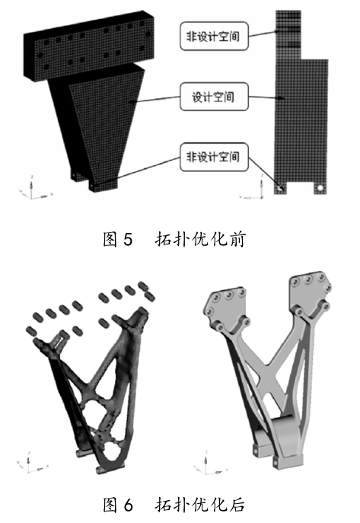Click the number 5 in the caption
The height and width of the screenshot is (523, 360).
128,240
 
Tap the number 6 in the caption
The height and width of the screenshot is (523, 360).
128,504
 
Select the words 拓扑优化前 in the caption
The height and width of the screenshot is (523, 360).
200,240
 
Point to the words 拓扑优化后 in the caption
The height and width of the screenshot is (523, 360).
200,504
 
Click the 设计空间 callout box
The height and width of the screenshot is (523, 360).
214,97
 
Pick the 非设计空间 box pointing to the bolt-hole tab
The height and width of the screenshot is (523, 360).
214,157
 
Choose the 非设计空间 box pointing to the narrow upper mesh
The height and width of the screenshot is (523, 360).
214,36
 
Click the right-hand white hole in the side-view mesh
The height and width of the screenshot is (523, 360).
320,188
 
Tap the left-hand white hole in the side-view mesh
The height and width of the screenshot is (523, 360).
279,188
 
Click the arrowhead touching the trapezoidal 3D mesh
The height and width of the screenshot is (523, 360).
132,102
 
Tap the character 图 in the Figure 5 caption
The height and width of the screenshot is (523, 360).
110,240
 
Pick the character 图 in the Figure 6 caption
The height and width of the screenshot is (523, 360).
110,504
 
